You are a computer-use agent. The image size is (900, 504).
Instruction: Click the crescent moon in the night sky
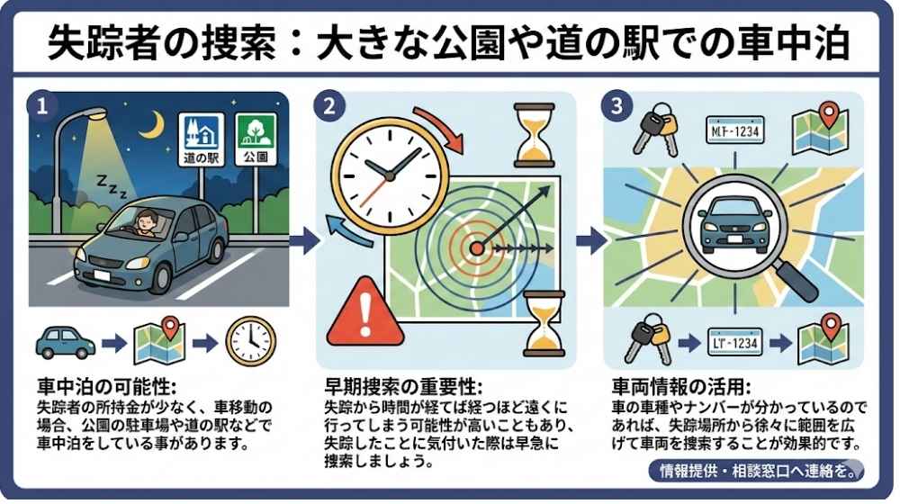[155, 124]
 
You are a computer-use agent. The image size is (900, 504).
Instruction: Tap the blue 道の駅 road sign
[201, 139]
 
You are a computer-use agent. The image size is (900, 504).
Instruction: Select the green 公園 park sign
[256, 139]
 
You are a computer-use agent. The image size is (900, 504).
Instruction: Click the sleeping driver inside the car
[146, 223]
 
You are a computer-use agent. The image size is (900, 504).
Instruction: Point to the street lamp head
[92, 115]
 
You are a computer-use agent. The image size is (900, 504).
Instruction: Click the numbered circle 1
[42, 105]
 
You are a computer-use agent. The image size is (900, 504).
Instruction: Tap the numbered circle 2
[329, 105]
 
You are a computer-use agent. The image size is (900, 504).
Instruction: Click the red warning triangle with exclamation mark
[365, 313]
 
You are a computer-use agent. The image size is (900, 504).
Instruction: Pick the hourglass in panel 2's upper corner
[535, 136]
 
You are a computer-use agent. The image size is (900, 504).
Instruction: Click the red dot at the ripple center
[477, 248]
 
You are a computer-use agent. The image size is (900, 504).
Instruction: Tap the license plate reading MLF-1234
[735, 131]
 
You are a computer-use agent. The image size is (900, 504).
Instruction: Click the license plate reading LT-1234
[734, 343]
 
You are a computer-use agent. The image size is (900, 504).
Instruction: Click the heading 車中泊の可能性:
[107, 386]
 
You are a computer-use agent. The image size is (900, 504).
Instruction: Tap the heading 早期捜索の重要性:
[404, 386]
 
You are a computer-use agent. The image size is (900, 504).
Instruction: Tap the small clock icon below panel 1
[251, 342]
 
